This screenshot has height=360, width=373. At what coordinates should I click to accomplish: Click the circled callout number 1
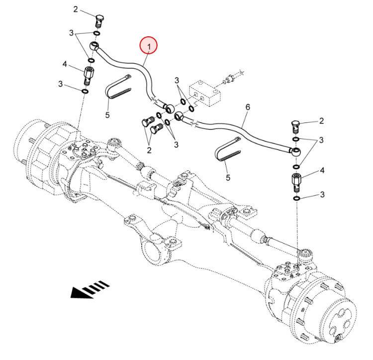[148, 46]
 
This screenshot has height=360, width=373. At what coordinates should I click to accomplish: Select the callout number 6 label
[248, 107]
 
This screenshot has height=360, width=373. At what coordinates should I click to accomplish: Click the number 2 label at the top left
[76, 9]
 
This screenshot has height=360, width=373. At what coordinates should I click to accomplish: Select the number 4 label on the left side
[65, 63]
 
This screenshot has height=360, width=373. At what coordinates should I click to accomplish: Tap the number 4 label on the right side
[322, 170]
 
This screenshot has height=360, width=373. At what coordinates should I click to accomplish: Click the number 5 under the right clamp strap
[228, 177]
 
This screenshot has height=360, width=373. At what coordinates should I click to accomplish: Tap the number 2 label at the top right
[322, 120]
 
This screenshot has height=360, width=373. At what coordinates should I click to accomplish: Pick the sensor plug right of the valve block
[230, 78]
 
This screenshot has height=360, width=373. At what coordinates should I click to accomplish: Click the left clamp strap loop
[118, 87]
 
